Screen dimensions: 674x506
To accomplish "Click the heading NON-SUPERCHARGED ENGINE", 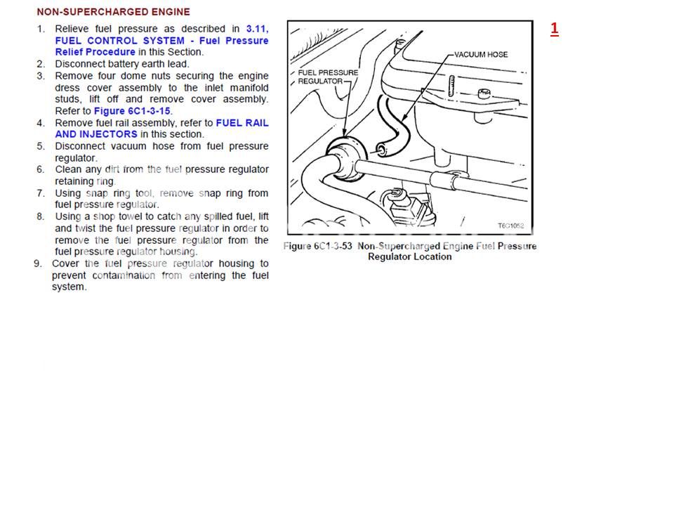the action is [113, 12].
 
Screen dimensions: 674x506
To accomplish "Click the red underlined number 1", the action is [555, 28].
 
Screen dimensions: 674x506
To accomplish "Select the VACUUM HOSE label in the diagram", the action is [481, 55].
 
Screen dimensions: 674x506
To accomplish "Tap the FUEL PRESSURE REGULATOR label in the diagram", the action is [328, 77].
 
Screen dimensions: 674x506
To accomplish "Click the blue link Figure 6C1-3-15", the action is [132, 111].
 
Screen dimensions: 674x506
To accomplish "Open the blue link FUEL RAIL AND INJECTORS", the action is [161, 129].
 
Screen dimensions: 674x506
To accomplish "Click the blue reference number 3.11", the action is [257, 29].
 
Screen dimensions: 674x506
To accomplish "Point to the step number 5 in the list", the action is [41, 146].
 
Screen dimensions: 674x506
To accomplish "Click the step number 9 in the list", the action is [38, 264].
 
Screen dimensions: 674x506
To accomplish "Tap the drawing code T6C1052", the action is [510, 226].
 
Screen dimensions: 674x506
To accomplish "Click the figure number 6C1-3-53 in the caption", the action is [333, 246].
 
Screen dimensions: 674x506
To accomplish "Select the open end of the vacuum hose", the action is [381, 150].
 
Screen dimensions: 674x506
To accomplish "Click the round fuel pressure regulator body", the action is [345, 157].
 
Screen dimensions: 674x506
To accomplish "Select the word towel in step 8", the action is [129, 216].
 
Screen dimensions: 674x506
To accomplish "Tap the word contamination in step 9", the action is [124, 275].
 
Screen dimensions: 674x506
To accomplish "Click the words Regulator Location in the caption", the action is [409, 257].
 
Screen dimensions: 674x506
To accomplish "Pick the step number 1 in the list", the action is [41, 30].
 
